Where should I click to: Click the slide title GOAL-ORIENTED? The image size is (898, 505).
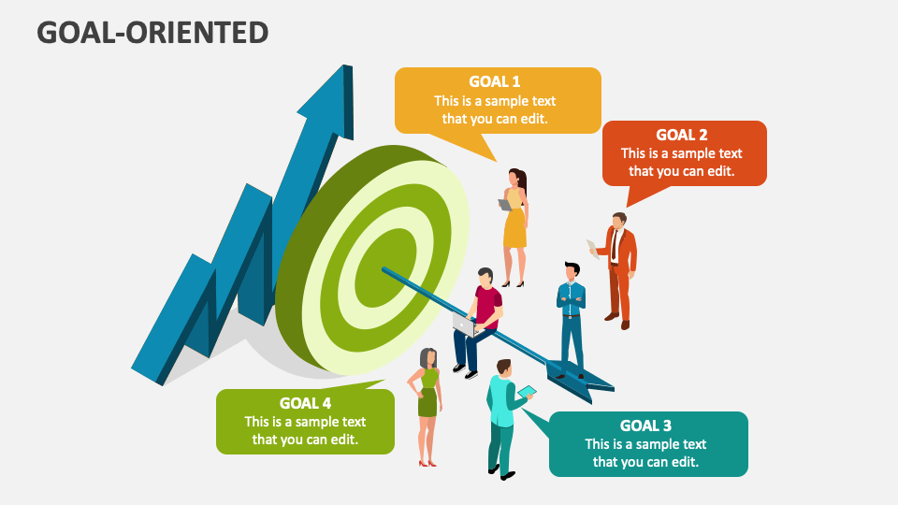point(152,33)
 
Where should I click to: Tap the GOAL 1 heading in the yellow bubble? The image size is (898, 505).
point(494,82)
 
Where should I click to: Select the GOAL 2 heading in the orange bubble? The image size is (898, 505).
point(682,135)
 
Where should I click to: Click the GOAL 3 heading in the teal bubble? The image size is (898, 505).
point(645,426)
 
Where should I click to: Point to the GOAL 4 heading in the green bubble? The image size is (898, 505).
point(305,404)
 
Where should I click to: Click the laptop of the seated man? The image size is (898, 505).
point(465,325)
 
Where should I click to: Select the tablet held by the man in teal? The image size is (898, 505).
point(527,392)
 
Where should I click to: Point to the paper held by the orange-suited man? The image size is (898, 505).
point(593,249)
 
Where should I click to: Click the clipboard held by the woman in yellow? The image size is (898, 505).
point(504,205)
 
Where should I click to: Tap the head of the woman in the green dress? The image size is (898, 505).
point(428,358)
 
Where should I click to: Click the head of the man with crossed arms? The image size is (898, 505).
point(572,271)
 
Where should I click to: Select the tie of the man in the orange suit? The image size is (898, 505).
point(614,244)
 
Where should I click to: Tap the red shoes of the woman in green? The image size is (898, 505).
point(427,463)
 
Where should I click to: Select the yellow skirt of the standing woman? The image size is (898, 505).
point(514,228)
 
